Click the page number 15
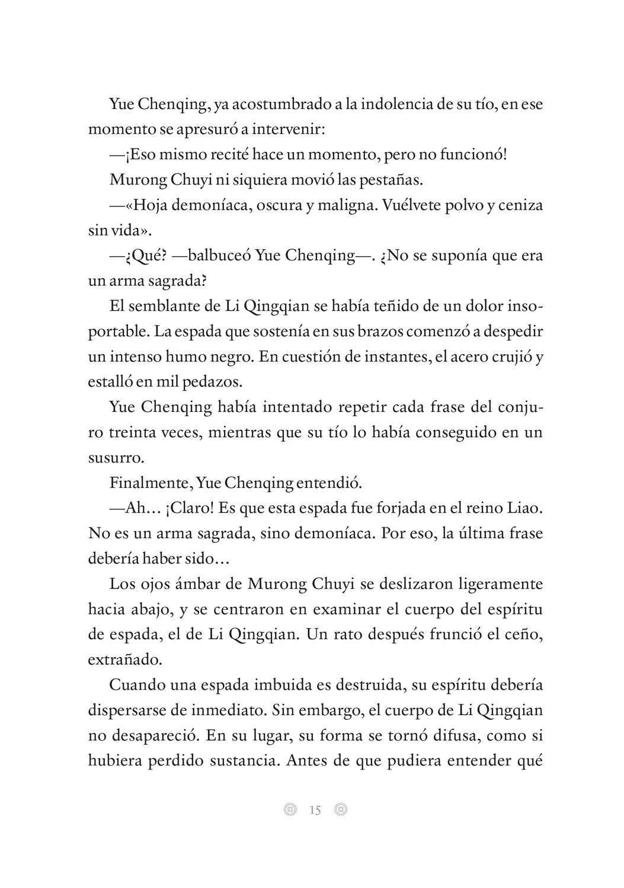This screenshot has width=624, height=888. [x=315, y=810]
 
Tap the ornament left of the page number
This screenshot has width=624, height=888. [x=289, y=809]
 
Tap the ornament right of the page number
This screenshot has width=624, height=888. [x=340, y=809]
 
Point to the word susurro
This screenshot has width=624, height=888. [x=115, y=458]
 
